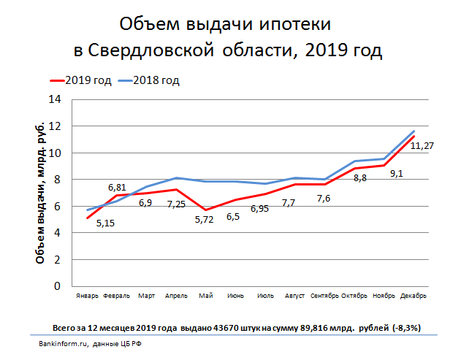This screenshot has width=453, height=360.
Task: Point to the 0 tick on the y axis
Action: click(56, 286)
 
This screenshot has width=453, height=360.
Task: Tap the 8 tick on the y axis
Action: click(56, 179)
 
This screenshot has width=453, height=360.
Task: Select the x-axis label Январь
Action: click(87, 296)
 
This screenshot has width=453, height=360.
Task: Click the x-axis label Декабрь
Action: click(414, 296)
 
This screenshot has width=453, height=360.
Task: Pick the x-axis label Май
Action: click(205, 296)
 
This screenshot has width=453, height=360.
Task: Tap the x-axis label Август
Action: click(295, 296)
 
